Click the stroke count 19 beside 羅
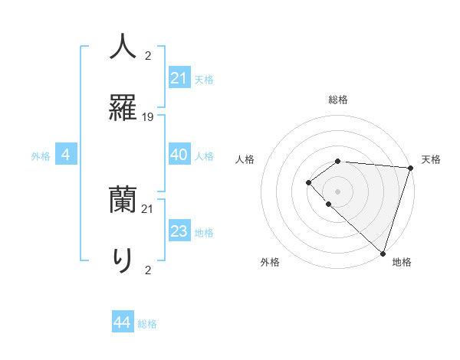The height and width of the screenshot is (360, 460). [x=148, y=116]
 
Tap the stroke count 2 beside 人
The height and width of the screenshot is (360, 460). [x=148, y=56]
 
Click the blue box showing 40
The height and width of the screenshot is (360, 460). [x=179, y=155]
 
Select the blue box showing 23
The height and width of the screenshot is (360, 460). [x=179, y=231]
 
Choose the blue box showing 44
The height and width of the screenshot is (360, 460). [x=123, y=322]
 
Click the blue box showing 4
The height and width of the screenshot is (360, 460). [x=66, y=155]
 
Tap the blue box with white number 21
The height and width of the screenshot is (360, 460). [x=179, y=78]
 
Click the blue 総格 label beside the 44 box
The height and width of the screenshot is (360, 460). [x=147, y=324]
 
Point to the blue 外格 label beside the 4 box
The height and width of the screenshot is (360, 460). [x=41, y=156]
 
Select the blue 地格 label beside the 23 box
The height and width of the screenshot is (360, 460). [x=204, y=233]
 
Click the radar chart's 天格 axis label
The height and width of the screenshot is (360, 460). [x=431, y=159]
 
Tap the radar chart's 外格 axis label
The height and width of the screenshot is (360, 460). [x=270, y=262]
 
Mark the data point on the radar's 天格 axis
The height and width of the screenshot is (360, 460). [x=410, y=167]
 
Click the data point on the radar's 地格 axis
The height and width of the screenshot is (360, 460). [x=383, y=253]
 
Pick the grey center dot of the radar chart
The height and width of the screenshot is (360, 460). [x=337, y=190]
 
